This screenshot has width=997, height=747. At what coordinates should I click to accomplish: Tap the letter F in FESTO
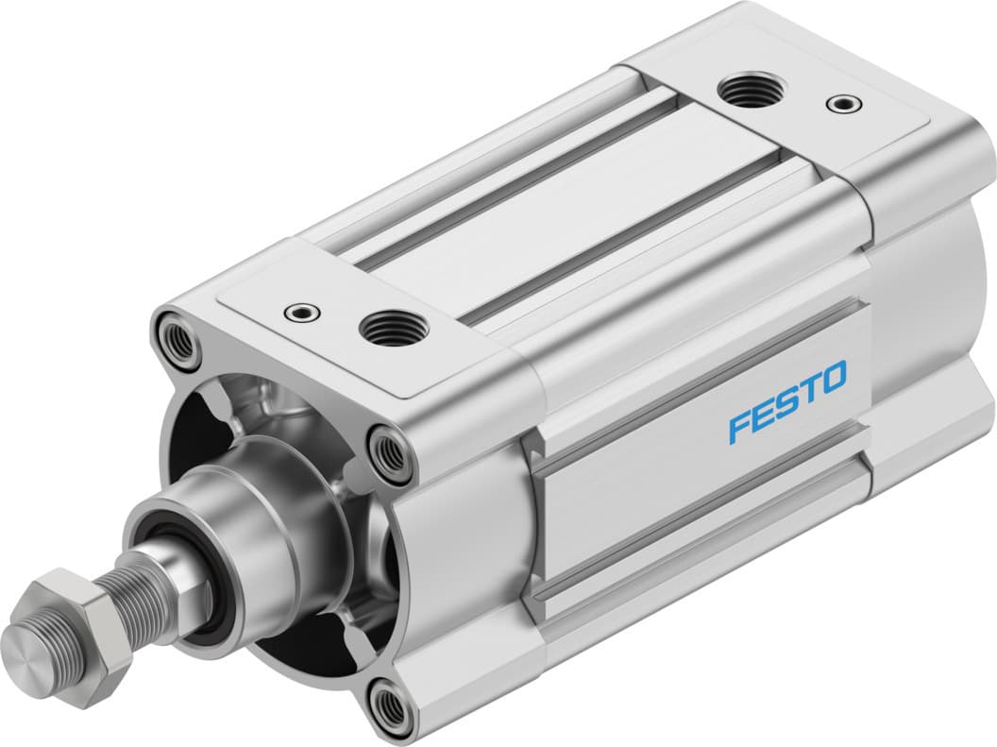[736, 427]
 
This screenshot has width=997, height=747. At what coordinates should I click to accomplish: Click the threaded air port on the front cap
[390, 328]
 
